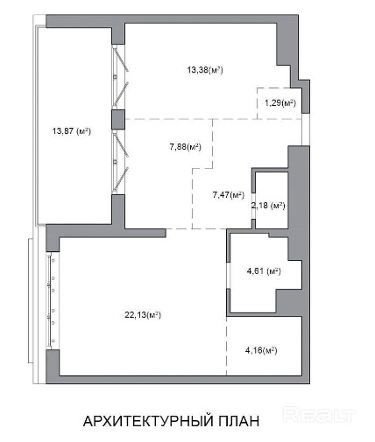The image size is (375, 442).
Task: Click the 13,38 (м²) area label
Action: coord(205,70)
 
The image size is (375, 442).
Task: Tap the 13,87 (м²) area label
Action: coord(72,131)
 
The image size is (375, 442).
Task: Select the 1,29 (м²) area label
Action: coord(280,103)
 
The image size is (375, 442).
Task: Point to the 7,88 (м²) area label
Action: coord(186,147)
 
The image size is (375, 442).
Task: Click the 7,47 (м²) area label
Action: coord(229,194)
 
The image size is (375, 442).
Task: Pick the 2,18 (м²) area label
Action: coord(268,206)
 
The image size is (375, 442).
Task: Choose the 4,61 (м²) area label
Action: coord(264,271)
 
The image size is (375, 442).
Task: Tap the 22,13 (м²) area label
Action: coord(143,315)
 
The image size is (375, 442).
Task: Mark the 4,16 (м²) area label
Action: coord(261,350)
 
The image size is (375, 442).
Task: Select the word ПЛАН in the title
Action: coord(238,421)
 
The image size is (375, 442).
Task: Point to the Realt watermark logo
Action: coord(320,415)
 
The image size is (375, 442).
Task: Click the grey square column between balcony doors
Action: coord(118,119)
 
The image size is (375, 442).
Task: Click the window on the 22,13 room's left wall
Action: coord(51,300)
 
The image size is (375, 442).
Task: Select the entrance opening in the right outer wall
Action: coord(306,130)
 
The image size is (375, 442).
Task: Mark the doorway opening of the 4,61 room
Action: coord(229,275)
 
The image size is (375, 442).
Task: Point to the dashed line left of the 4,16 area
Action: coord(227,346)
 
